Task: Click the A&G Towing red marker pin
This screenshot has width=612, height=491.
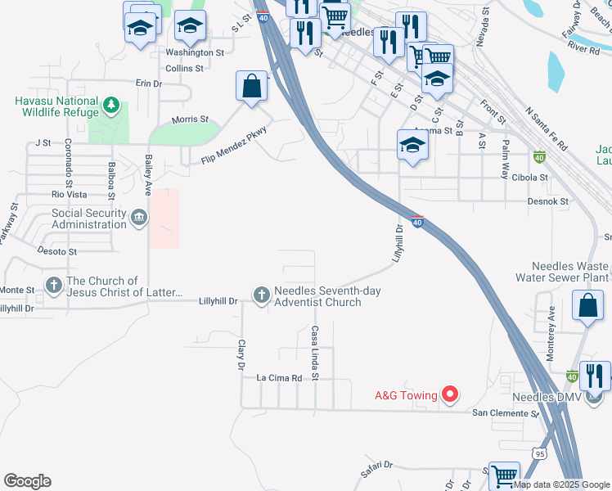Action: click(x=449, y=395)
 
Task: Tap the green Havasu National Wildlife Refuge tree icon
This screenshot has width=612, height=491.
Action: click(x=111, y=106)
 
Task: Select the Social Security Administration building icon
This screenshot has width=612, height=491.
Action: click(x=139, y=218)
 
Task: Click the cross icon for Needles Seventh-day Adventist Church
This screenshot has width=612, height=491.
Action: click(x=262, y=295)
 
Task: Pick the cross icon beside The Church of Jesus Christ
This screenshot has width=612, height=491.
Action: click(x=54, y=286)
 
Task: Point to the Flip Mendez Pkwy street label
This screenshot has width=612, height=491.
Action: click(x=235, y=146)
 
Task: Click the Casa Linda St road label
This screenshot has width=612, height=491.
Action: click(x=314, y=352)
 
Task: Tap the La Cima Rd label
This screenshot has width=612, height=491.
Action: click(x=279, y=378)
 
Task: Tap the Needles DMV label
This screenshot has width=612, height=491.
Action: click(x=547, y=398)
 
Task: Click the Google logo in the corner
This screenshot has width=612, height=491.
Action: click(x=27, y=481)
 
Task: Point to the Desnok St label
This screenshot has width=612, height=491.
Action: click(x=548, y=200)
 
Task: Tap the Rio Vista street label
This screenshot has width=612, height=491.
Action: click(x=69, y=194)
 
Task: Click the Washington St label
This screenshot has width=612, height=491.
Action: click(x=195, y=52)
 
